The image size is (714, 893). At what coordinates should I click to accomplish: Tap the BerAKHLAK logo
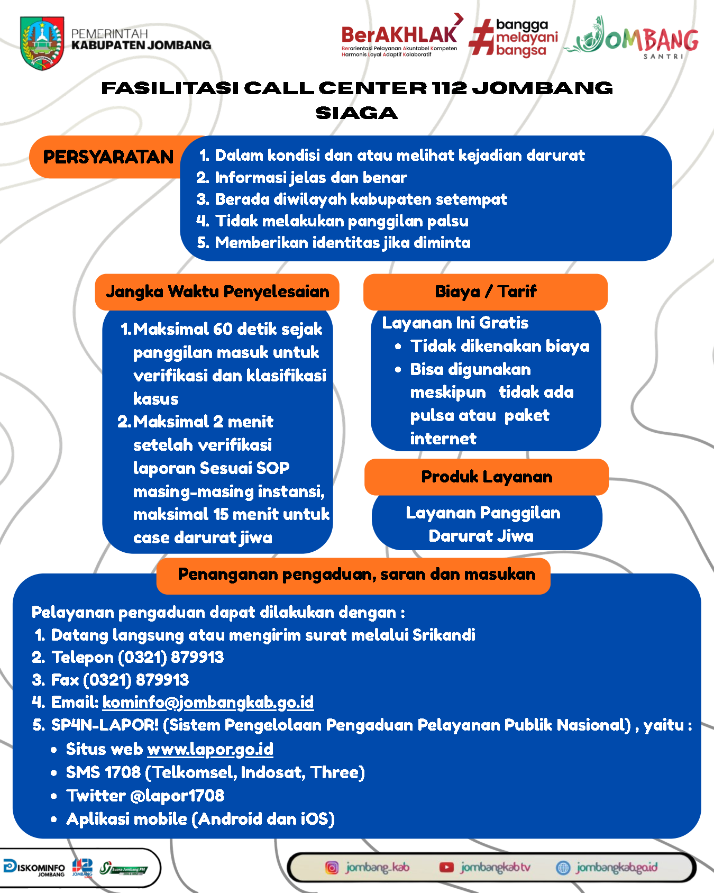tap(399, 36)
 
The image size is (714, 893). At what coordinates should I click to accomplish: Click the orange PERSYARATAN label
tap(108, 157)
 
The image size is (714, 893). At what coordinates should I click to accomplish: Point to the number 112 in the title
tap(449, 88)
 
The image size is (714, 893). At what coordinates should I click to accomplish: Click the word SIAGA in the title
tap(356, 113)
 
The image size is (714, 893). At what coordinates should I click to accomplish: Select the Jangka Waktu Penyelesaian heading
tap(217, 291)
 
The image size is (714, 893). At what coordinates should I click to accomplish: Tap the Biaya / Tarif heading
tap(486, 291)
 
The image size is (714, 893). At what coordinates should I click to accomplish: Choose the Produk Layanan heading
tap(487, 477)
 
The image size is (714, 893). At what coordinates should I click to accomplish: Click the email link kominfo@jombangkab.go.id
tap(208, 702)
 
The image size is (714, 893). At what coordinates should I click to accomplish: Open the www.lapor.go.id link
tap(210, 749)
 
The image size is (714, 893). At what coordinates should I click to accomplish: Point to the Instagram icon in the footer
tap(332, 868)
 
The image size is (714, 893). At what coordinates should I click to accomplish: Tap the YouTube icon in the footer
tap(446, 868)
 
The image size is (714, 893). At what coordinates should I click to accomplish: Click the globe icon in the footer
tap(563, 868)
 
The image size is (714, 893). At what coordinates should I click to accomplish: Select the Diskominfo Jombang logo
tap(35, 868)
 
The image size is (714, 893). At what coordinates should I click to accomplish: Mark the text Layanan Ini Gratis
tap(455, 323)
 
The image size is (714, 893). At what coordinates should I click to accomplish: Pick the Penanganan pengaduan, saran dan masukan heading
tap(356, 575)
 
